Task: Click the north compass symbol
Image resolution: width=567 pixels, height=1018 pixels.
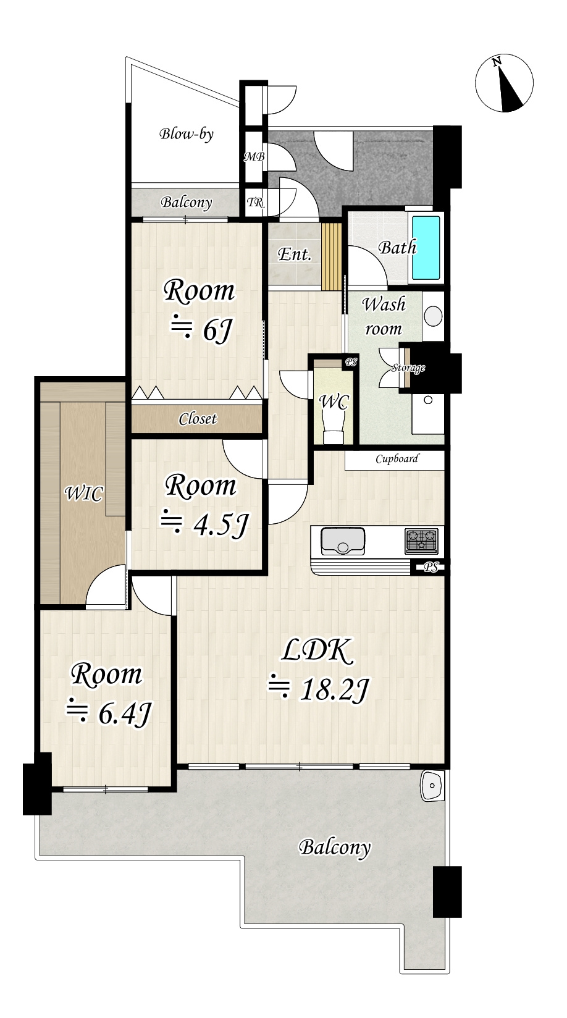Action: [x=504, y=83]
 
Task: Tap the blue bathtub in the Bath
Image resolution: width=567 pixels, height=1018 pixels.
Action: [x=426, y=248]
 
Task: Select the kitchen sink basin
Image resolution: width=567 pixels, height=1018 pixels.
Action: [x=343, y=541]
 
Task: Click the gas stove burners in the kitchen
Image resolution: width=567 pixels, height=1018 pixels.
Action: [x=421, y=541]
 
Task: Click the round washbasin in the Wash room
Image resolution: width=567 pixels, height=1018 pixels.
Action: [x=433, y=316]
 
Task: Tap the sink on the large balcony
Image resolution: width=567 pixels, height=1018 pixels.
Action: [x=432, y=785]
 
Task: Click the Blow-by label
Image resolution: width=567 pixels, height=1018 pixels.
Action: [x=187, y=134]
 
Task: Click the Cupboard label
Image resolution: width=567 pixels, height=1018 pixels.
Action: [x=397, y=459]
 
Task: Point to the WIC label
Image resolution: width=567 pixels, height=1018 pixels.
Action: [x=84, y=494]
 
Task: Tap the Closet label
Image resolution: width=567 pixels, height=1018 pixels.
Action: [x=198, y=419]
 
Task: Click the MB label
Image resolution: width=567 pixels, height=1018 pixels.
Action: [x=254, y=157]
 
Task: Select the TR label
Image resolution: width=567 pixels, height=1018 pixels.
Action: [x=255, y=202]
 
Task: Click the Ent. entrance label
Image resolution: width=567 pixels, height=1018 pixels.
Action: [x=295, y=254]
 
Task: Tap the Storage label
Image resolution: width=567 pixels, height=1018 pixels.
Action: [x=408, y=368]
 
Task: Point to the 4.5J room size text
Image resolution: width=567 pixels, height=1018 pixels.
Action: [x=205, y=526]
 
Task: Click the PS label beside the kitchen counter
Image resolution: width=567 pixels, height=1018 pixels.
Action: [x=431, y=567]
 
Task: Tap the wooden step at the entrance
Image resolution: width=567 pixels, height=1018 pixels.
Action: [x=331, y=256]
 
